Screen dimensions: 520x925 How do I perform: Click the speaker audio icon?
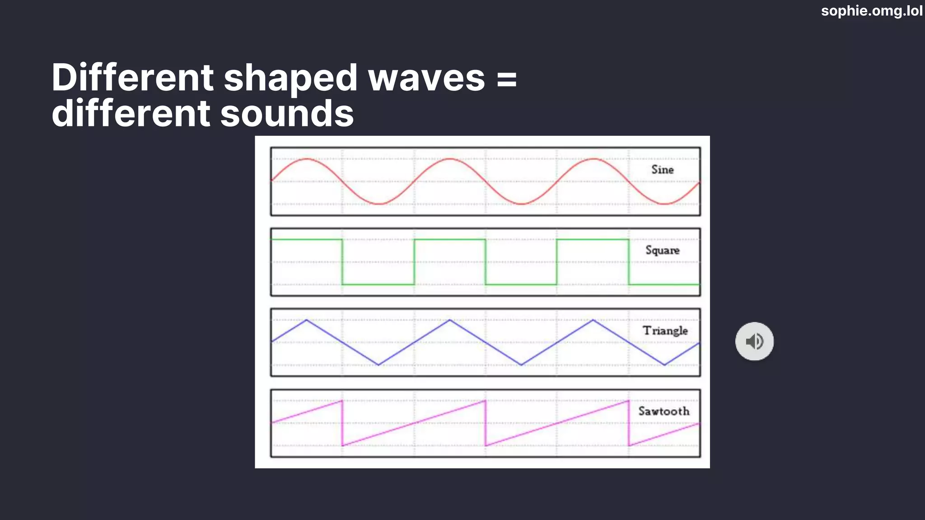(x=754, y=341)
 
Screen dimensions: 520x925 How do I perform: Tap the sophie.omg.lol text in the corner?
(x=872, y=11)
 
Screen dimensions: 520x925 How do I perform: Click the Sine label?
(x=663, y=170)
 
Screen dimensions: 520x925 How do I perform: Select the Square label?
(x=663, y=250)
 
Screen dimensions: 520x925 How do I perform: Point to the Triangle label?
(x=665, y=330)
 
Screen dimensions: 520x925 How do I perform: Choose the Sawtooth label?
(x=664, y=411)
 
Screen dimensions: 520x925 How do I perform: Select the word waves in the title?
(x=426, y=78)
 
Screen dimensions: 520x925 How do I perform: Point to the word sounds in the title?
(x=287, y=113)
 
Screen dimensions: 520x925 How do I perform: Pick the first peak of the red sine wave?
(x=307, y=159)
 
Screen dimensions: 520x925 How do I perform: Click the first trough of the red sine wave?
(x=378, y=204)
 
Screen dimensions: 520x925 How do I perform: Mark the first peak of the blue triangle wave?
(x=307, y=320)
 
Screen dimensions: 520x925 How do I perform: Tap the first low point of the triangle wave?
(x=378, y=365)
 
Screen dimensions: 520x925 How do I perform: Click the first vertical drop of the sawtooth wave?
(x=342, y=423)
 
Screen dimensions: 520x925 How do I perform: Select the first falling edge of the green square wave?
(x=342, y=262)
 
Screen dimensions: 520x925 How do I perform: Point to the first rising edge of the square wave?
(x=414, y=262)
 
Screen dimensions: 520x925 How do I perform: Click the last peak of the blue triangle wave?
(x=593, y=320)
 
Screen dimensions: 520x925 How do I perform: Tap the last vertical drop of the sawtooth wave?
(x=629, y=423)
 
